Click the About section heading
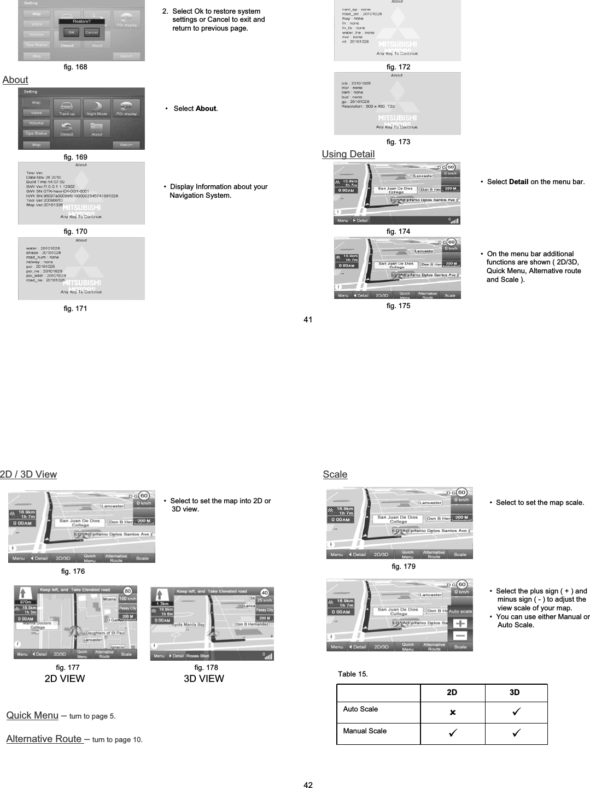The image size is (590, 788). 15,80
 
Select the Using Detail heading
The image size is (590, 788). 348,154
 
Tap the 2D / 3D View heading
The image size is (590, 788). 28,474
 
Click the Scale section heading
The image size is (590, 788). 335,474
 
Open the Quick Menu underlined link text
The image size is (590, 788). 32,715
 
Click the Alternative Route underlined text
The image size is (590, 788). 44,739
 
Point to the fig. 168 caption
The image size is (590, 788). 75,67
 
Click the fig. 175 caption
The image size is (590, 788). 398,305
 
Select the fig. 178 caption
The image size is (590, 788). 206,667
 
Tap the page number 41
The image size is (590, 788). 308,320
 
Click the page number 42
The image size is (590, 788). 308,785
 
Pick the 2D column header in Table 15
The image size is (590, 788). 452,692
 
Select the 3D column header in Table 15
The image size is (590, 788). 515,692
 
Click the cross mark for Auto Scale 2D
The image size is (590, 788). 452,713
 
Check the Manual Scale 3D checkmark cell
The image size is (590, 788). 516,733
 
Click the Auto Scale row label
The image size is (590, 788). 360,709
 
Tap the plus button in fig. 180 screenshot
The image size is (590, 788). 460,624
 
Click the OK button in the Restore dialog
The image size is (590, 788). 71,32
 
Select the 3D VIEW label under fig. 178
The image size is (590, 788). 203,679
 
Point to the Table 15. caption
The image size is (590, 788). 353,674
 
